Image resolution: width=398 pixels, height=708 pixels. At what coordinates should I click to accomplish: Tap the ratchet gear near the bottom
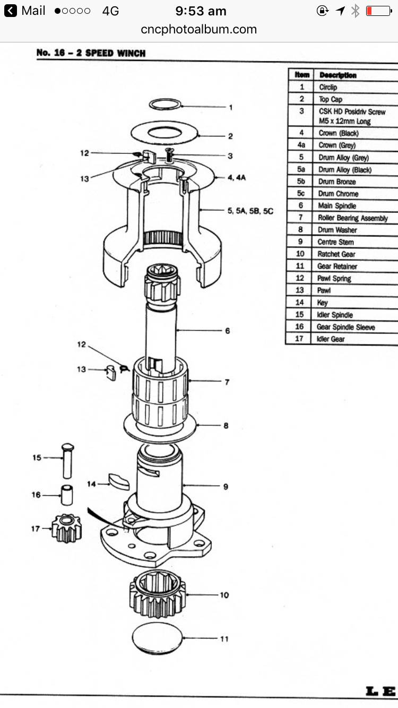157,596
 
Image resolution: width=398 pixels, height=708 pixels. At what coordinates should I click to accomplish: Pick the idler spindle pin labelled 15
68,460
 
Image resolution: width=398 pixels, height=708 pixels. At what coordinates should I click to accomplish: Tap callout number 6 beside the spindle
227,331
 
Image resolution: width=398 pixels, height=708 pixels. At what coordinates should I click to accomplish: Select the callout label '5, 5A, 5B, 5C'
250,211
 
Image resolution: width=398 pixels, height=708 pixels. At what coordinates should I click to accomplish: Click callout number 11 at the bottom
224,638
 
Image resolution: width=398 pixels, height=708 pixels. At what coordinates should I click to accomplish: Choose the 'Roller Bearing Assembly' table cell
352,218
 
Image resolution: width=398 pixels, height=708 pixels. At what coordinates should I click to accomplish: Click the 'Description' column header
338,75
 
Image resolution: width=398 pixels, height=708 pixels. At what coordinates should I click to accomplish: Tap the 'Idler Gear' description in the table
331,339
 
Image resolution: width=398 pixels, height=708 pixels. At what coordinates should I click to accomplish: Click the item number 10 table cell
300,254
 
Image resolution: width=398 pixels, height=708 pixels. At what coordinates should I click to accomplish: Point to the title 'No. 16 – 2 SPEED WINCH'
91,53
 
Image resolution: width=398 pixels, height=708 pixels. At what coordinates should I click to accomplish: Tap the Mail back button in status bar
25,11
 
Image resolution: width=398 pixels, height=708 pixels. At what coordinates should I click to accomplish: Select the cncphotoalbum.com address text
199,30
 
